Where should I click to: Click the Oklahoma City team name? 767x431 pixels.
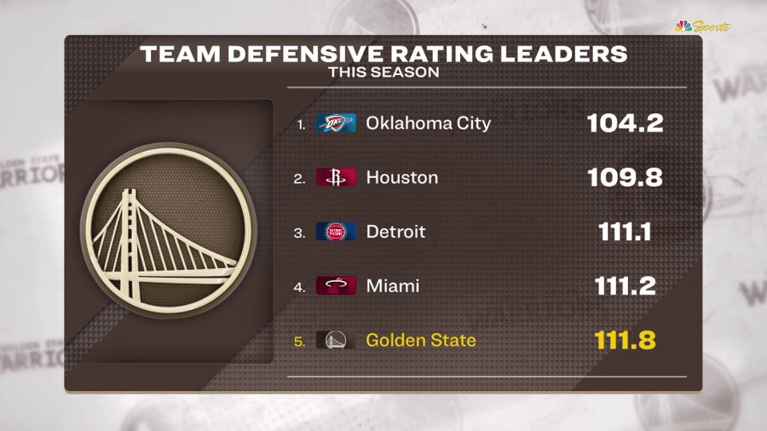[x=428, y=124]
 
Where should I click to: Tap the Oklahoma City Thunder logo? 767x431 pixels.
[x=336, y=124]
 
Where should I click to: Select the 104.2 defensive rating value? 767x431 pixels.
[x=625, y=124]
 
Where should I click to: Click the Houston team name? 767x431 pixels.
[x=401, y=178]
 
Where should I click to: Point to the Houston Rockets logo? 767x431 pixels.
[x=336, y=178]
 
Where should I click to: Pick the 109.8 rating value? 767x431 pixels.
[x=625, y=178]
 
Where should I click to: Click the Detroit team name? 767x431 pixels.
[x=395, y=232]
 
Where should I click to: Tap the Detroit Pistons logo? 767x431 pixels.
[x=336, y=232]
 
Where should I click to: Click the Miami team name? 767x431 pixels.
[x=392, y=286]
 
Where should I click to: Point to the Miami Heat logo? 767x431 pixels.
[x=336, y=286]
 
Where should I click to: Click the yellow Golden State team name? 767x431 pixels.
[x=420, y=341]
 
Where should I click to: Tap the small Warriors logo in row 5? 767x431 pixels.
[x=336, y=341]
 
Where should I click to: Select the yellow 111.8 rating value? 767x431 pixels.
[x=625, y=341]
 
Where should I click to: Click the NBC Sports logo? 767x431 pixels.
[x=702, y=26]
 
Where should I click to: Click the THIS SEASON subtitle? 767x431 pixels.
[x=383, y=73]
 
